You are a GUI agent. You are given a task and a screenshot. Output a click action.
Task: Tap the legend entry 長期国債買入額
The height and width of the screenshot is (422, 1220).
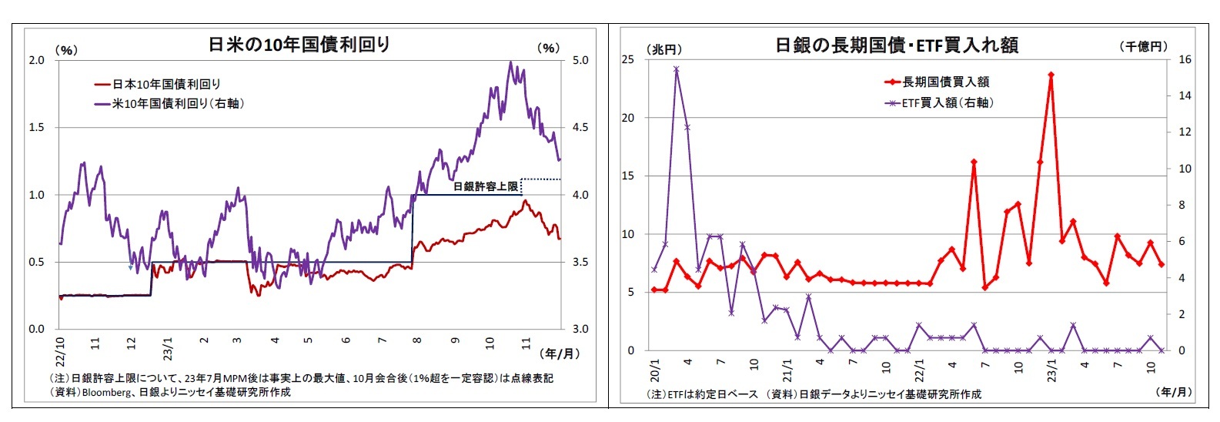(x=946, y=82)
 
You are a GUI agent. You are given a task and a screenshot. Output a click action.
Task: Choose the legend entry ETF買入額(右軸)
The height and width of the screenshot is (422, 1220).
(x=948, y=102)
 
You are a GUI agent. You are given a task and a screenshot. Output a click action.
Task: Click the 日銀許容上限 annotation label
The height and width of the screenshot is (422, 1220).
(x=485, y=186)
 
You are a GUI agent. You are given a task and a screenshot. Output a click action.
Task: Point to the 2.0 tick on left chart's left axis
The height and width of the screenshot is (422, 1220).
(x=37, y=60)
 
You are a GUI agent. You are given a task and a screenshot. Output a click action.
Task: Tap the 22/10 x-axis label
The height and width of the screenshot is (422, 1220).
(x=60, y=350)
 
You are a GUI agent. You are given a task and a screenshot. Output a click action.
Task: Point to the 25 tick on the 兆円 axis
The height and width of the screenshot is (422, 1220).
(x=628, y=60)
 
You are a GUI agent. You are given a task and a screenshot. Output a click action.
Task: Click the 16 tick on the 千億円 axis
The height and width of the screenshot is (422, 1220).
(x=1185, y=60)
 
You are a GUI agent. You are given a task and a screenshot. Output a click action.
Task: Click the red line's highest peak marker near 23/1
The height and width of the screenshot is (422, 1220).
(x=1051, y=75)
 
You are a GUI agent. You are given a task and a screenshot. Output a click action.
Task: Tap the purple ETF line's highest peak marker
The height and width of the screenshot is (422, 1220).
(x=676, y=69)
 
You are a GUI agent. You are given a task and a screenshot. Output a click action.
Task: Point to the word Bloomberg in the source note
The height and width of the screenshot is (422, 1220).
(x=106, y=392)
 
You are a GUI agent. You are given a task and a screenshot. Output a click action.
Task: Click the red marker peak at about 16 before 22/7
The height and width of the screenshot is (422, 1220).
(x=974, y=162)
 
